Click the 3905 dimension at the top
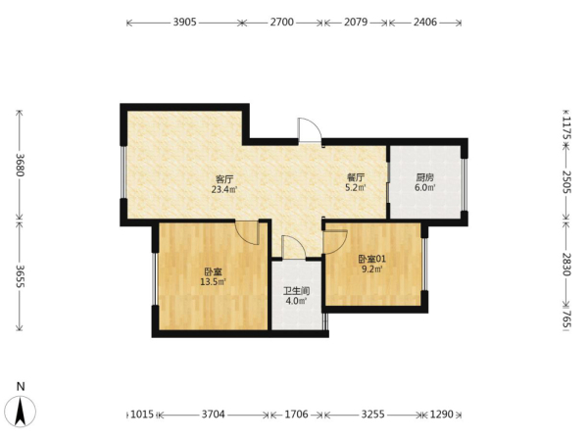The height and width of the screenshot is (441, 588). pyautogui.click(x=185, y=23)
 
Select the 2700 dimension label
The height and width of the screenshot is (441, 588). pyautogui.click(x=282, y=23)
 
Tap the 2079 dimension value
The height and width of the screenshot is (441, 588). pyautogui.click(x=356, y=23)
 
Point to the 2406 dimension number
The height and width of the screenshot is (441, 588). pyautogui.click(x=425, y=23)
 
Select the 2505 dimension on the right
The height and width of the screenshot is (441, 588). pyautogui.click(x=566, y=182)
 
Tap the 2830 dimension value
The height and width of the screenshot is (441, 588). pyautogui.click(x=566, y=265)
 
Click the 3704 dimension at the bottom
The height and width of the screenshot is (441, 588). pyautogui.click(x=214, y=414)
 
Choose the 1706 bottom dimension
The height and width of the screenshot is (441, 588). pyautogui.click(x=296, y=414)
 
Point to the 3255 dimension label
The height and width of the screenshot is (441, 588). pyautogui.click(x=372, y=414)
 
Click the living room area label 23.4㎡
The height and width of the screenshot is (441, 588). pyautogui.click(x=224, y=189)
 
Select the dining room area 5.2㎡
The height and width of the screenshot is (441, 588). pyautogui.click(x=356, y=187)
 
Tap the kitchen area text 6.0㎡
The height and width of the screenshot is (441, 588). pyautogui.click(x=425, y=187)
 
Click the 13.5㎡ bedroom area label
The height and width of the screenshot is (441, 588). pyautogui.click(x=213, y=281)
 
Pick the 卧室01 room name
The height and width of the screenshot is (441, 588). pyautogui.click(x=372, y=259)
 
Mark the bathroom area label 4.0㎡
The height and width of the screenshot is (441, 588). pyautogui.click(x=296, y=301)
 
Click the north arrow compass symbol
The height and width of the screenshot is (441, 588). pyautogui.click(x=21, y=411)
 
